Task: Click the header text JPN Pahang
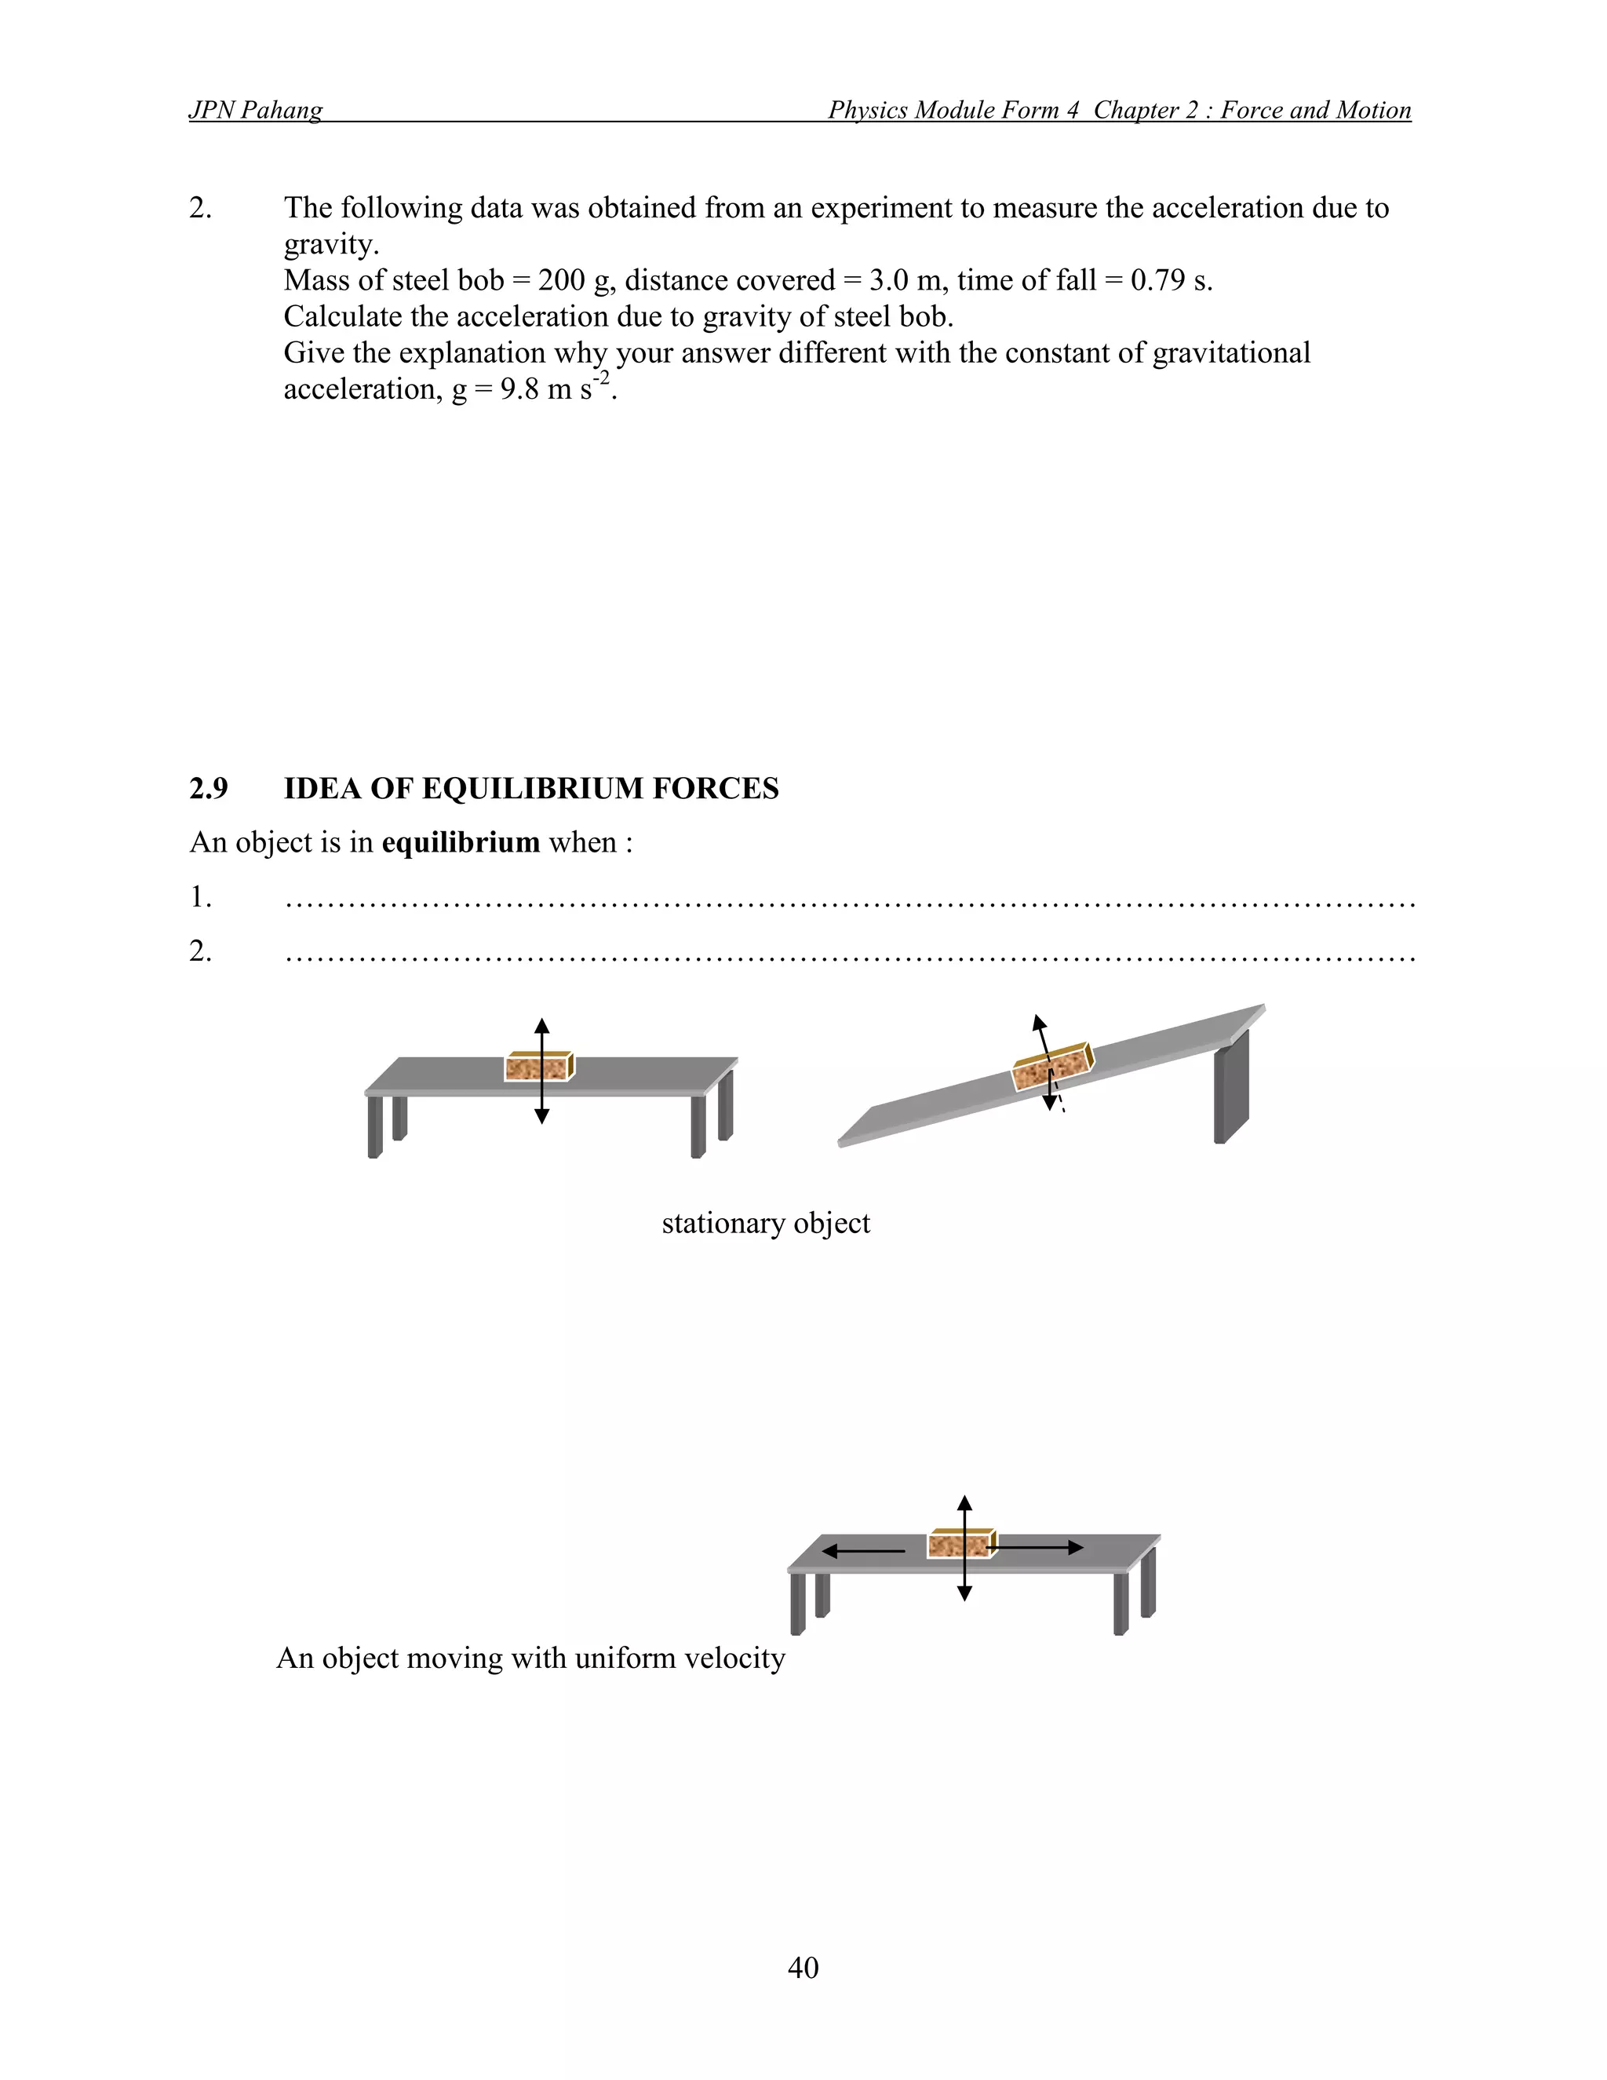pyautogui.click(x=255, y=111)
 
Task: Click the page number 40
pyautogui.click(x=803, y=1967)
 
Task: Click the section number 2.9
pyautogui.click(x=209, y=789)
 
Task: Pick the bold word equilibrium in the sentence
pyautogui.click(x=461, y=843)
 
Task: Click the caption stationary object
pyautogui.click(x=765, y=1223)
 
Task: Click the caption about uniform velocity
pyautogui.click(x=530, y=1658)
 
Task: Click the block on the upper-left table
pyautogui.click(x=537, y=1067)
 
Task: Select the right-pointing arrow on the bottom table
pyautogui.click(x=1037, y=1548)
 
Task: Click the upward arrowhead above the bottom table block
pyautogui.click(x=964, y=1504)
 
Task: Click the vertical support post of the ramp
pyautogui.click(x=1231, y=1089)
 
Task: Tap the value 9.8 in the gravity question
pyautogui.click(x=519, y=389)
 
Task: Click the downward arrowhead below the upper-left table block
pyautogui.click(x=541, y=1116)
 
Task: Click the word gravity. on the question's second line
pyautogui.click(x=331, y=245)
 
